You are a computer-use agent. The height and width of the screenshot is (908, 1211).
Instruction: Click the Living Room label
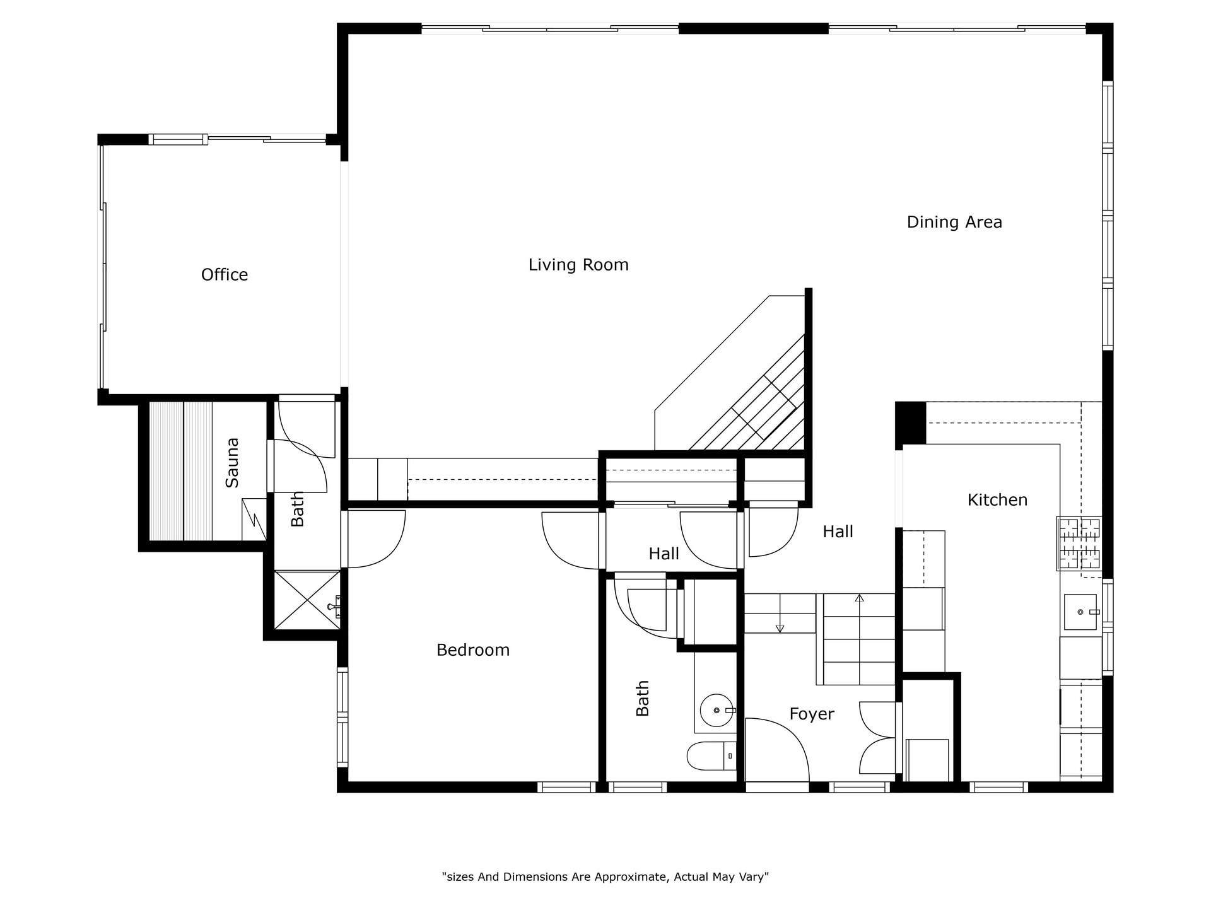(578, 265)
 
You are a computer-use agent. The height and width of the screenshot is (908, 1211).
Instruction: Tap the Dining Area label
(954, 222)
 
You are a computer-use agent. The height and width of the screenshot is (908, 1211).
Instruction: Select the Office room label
(225, 275)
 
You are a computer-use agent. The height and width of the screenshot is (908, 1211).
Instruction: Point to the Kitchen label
(997, 500)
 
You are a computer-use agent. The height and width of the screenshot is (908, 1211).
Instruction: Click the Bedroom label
(473, 650)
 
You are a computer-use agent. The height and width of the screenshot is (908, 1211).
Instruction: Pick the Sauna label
(232, 462)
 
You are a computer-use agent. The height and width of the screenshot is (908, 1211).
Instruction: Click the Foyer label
(812, 714)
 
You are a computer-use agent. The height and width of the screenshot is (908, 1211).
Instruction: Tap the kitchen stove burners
(1080, 544)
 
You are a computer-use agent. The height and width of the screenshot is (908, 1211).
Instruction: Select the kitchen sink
(1080, 612)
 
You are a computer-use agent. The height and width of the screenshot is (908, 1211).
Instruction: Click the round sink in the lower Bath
(717, 711)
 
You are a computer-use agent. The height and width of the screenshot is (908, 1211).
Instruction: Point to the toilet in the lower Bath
(711, 756)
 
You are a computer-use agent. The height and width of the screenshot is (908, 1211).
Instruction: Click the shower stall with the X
(307, 600)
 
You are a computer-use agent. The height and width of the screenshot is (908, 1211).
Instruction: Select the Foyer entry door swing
(778, 750)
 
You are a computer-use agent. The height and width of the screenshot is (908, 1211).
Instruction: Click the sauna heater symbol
(254, 519)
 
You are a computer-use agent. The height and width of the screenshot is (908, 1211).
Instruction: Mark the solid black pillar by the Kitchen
(911, 422)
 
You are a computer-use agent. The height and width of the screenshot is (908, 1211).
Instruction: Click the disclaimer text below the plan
(605, 877)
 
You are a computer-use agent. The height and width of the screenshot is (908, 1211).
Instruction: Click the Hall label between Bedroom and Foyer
(664, 554)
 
